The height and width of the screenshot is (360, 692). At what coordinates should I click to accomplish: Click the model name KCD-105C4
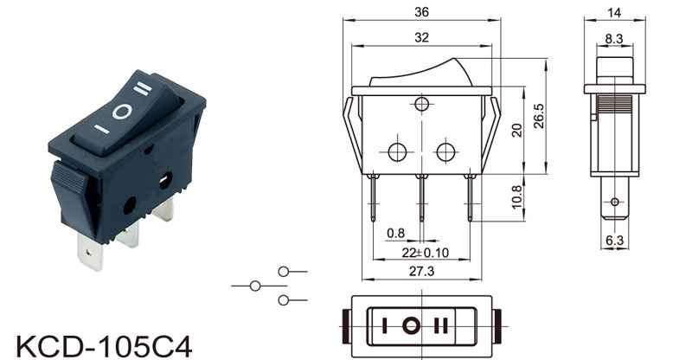pos(104,347)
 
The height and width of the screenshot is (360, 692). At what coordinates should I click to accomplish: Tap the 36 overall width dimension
pos(421,12)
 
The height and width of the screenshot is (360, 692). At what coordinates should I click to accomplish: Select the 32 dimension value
pos(421,37)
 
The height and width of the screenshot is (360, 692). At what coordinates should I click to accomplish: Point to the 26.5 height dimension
pos(539,116)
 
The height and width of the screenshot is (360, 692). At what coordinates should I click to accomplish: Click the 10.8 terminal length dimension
pos(516,197)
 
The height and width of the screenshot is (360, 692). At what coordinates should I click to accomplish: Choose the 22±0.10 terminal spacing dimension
pos(425,253)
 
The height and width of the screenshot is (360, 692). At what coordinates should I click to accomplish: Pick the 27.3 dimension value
pos(421,271)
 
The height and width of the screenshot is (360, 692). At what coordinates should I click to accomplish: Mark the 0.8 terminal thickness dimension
pos(395,233)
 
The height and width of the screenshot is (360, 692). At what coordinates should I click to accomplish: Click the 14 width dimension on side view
pos(614,13)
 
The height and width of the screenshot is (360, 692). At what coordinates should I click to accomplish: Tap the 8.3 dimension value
pos(614,39)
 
